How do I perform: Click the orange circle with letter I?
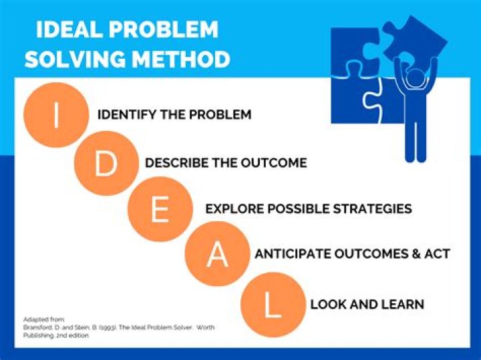coord(55,115)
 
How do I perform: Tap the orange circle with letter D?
coord(106,164)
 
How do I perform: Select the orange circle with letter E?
coord(160,209)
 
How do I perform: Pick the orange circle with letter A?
coord(216,255)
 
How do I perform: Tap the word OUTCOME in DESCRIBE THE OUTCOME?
coord(277,162)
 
